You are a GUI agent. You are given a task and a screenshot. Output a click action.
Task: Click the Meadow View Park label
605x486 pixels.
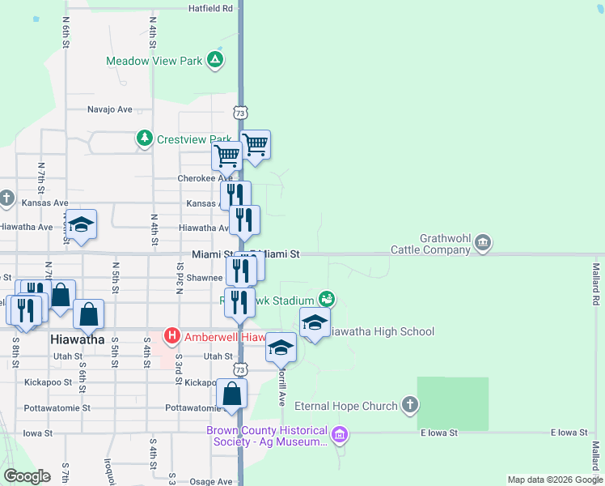pyautogui.click(x=155, y=60)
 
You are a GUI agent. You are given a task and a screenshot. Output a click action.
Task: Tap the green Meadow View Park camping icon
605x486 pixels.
pyautogui.click(x=215, y=59)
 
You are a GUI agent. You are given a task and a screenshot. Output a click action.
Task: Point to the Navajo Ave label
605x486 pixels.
pyautogui.click(x=110, y=109)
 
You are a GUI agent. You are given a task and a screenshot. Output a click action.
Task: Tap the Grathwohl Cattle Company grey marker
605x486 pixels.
pyautogui.click(x=483, y=242)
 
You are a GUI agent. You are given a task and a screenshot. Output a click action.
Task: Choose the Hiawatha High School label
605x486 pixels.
pyautogui.click(x=383, y=331)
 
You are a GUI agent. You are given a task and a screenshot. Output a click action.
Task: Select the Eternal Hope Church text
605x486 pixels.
pyautogui.click(x=345, y=406)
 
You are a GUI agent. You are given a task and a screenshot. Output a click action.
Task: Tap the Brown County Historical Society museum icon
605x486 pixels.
pyautogui.click(x=340, y=436)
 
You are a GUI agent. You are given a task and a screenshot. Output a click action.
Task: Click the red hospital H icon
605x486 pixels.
pyautogui.click(x=171, y=335)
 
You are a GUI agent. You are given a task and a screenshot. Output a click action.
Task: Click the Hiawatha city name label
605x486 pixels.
pyautogui.click(x=77, y=339)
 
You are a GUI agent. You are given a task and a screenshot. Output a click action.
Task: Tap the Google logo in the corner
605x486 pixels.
pyautogui.click(x=27, y=476)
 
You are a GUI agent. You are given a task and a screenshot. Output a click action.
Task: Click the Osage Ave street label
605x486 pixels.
pyautogui.click(x=211, y=482)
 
